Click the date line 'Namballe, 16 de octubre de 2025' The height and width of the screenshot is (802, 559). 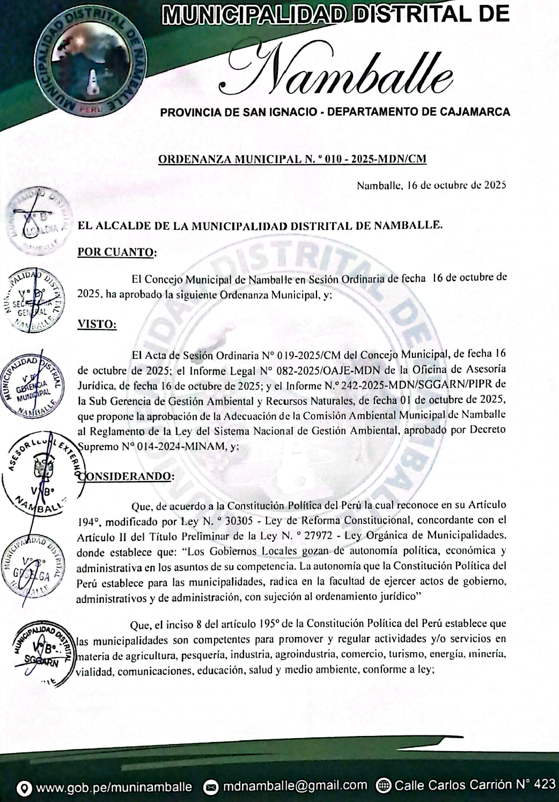point(431,186)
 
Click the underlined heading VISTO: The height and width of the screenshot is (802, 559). point(97,324)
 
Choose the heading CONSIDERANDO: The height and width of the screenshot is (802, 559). point(127,476)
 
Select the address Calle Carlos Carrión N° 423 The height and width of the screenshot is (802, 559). point(475,785)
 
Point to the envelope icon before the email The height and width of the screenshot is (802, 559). point(211,787)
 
